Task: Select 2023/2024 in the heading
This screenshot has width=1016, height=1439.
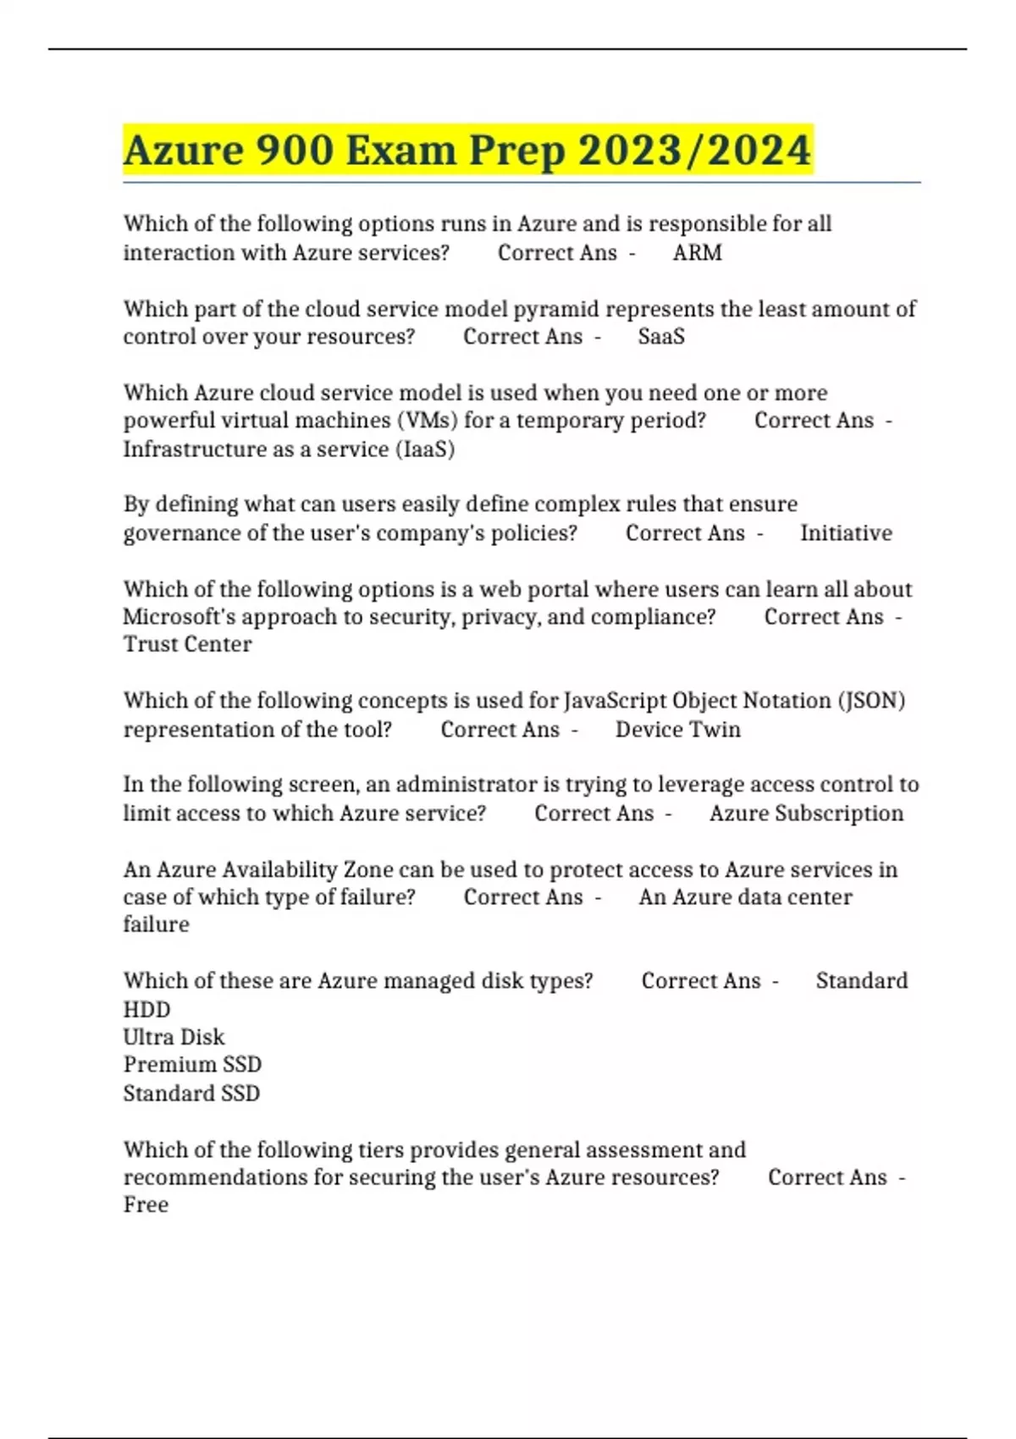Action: pyautogui.click(x=695, y=151)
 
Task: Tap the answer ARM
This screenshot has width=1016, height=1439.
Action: pyautogui.click(x=697, y=253)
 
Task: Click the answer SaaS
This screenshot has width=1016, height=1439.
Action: pyautogui.click(x=661, y=337)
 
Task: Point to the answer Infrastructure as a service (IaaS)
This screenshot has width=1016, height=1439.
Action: pyautogui.click(x=289, y=449)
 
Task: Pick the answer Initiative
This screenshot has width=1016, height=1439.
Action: pyautogui.click(x=846, y=533)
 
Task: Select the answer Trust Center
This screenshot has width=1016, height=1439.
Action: pyautogui.click(x=187, y=644)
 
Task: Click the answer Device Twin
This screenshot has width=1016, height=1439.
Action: pyautogui.click(x=677, y=730)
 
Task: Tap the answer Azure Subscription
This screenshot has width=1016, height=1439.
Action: pyautogui.click(x=806, y=813)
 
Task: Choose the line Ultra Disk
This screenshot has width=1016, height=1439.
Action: pyautogui.click(x=174, y=1037)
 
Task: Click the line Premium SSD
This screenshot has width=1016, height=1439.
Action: pyautogui.click(x=192, y=1065)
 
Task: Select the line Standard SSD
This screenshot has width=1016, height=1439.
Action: pyautogui.click(x=191, y=1093)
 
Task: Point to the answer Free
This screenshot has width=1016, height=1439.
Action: pyautogui.click(x=146, y=1205)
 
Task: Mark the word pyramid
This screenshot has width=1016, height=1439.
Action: pyautogui.click(x=556, y=309)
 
